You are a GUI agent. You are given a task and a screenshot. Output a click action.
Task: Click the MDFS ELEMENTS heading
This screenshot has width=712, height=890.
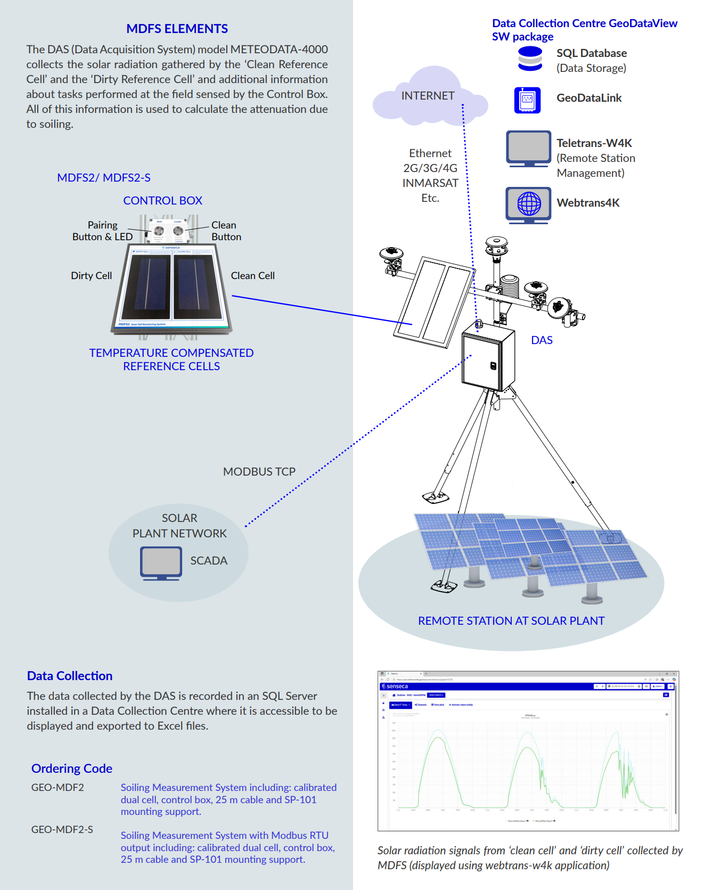click(x=177, y=29)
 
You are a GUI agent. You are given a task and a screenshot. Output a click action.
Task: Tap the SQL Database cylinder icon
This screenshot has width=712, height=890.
click(x=530, y=59)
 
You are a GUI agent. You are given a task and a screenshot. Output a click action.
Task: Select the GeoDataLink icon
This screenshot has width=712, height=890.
click(x=527, y=100)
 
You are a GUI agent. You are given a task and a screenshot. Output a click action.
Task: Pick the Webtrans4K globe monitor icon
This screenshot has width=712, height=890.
click(x=528, y=203)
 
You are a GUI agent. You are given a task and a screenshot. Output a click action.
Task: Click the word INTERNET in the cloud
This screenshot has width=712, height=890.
click(x=428, y=96)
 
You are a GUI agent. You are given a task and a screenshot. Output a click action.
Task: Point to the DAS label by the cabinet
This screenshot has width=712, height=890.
click(x=542, y=340)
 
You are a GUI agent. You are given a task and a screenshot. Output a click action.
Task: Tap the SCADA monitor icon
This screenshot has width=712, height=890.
click(x=161, y=562)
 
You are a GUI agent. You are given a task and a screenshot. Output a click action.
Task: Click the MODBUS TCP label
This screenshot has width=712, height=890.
click(x=259, y=472)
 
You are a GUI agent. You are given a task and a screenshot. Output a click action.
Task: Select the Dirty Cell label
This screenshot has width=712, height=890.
click(x=91, y=276)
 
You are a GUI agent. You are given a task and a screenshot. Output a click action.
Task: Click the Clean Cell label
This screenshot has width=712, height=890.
click(x=252, y=276)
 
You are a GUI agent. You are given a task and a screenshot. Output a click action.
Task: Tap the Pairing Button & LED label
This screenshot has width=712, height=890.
click(x=102, y=231)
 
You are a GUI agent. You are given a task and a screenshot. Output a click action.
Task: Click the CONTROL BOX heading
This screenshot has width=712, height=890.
click(x=162, y=201)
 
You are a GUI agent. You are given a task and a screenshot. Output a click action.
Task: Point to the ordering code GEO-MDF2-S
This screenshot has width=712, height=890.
click(x=62, y=829)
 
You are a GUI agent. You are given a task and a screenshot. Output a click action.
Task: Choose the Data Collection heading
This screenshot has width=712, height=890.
click(x=70, y=676)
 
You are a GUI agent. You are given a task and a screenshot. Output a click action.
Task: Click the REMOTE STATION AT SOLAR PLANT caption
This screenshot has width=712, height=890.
click(x=511, y=621)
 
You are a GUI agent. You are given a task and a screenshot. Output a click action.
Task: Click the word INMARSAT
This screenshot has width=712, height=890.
click(x=430, y=183)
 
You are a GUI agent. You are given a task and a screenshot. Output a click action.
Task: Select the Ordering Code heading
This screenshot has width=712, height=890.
click(x=72, y=769)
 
